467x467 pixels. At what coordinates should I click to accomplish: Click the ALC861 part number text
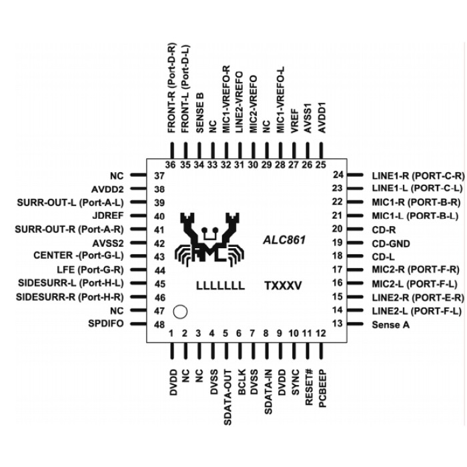pyautogui.click(x=284, y=238)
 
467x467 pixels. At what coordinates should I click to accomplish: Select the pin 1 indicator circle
pyautogui.click(x=179, y=311)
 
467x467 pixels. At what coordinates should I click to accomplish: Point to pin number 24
pyautogui.click(x=337, y=175)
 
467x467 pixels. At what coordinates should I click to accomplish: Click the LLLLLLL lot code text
pyautogui.click(x=218, y=285)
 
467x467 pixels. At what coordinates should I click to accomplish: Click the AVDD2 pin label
pyautogui.click(x=108, y=189)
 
